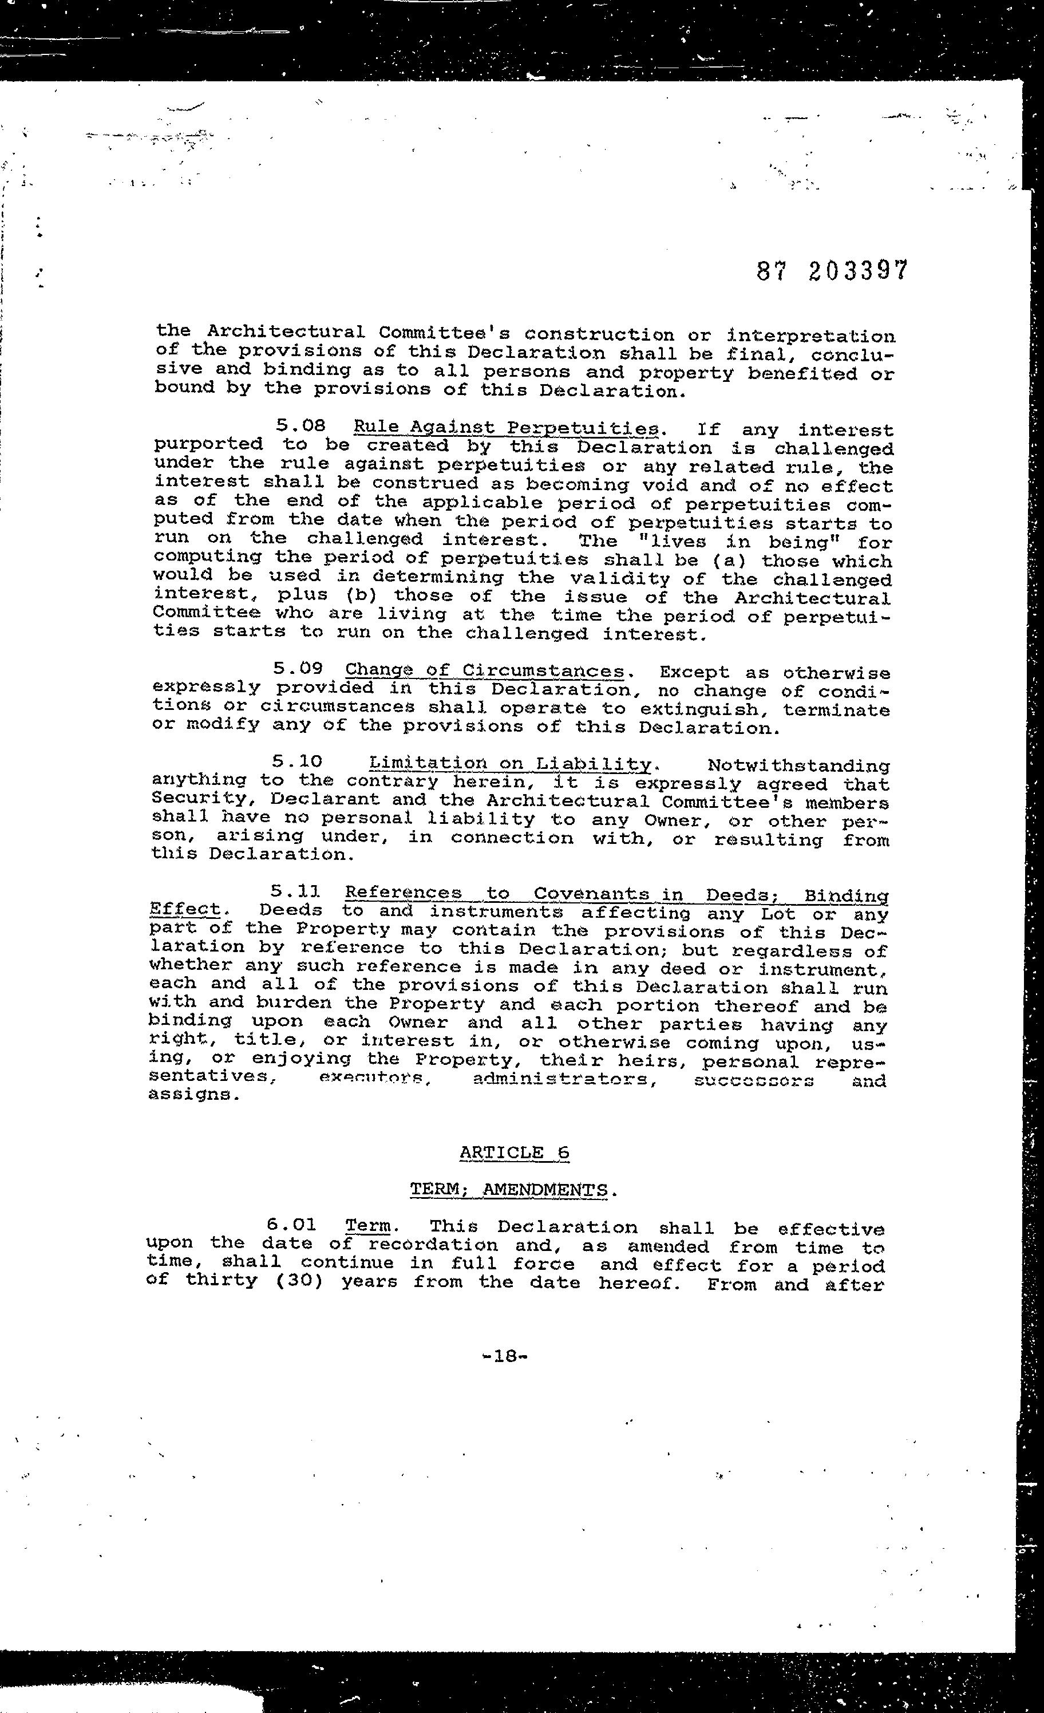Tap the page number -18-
tap(505, 1355)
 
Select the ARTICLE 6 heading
tap(515, 1152)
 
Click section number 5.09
tap(298, 669)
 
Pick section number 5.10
tap(298, 763)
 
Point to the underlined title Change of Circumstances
tap(484, 671)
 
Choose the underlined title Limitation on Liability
tap(509, 764)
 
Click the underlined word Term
tap(367, 1227)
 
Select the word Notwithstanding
tap(798, 766)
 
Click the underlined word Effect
tap(184, 909)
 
